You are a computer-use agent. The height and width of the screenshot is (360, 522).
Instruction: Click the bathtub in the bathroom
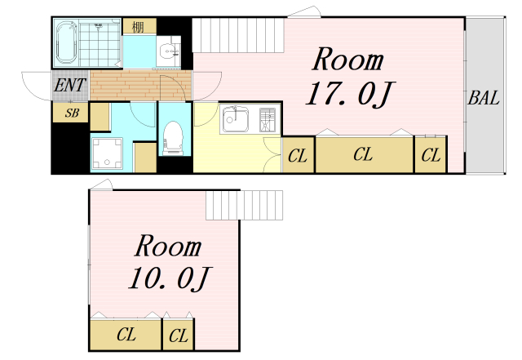tap(66, 42)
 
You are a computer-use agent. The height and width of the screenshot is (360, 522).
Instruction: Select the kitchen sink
tap(235, 119)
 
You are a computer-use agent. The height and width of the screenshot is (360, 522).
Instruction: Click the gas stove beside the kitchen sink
tap(268, 119)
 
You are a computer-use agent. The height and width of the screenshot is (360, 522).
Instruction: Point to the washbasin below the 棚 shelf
tap(169, 51)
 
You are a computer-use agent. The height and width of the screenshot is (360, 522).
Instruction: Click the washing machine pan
tap(107, 153)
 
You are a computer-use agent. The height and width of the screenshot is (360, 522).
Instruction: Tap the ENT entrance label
tap(70, 86)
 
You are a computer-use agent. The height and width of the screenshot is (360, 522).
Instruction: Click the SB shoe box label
tap(72, 113)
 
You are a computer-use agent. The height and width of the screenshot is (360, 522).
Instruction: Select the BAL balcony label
tap(484, 98)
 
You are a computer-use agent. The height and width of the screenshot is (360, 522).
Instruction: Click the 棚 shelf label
tap(139, 27)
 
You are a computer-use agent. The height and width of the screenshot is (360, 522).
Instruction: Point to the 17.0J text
tap(350, 94)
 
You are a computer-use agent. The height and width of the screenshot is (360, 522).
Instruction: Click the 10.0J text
tap(170, 278)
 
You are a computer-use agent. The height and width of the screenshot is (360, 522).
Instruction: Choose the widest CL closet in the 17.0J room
tap(365, 154)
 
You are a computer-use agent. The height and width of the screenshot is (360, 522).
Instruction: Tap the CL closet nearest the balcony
tap(431, 154)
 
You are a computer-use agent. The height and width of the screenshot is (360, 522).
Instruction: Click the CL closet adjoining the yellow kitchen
tap(298, 155)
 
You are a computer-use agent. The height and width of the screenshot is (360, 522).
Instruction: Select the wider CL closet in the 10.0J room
tap(126, 335)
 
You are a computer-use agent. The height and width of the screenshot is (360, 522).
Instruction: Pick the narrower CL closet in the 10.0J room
tap(179, 335)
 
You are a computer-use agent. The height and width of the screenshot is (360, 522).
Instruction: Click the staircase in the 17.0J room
tap(238, 35)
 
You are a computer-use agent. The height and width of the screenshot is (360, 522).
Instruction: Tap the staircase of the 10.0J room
tap(245, 205)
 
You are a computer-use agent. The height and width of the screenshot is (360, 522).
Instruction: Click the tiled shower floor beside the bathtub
tap(100, 43)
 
